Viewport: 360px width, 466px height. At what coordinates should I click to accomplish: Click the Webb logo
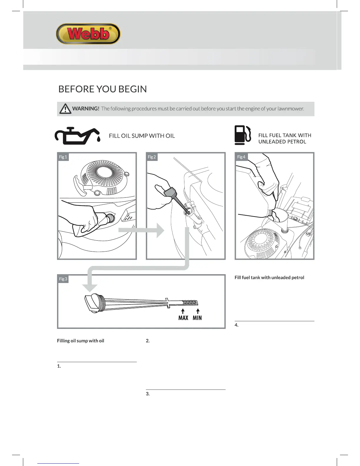pos(88,34)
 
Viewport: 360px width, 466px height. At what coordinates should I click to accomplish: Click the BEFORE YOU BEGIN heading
pos(102,89)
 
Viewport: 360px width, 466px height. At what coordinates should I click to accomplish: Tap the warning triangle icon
pos(65,109)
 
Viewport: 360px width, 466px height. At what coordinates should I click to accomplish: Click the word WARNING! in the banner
pos(86,109)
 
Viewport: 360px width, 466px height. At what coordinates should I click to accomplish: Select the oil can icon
pos(77,136)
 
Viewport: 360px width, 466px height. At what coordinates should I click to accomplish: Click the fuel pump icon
pos(243,135)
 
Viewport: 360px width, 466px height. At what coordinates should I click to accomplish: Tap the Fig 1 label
pos(63,157)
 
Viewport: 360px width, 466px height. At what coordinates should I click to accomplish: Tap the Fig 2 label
pos(152,157)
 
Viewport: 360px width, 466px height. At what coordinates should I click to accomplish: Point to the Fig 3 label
pos(63,279)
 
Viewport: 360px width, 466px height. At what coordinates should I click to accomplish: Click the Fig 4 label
pos(241,157)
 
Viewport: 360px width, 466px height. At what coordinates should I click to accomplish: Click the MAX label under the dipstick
pos(183,318)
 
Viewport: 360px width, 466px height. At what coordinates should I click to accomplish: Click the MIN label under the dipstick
pos(197,318)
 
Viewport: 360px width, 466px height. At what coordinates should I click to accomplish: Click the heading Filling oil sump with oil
pos(81,341)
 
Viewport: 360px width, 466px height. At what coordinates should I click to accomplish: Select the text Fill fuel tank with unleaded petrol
pos(269,277)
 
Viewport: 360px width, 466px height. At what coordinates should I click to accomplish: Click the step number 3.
pos(148,394)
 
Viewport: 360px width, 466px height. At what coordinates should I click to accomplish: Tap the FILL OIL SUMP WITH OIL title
pos(142,136)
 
